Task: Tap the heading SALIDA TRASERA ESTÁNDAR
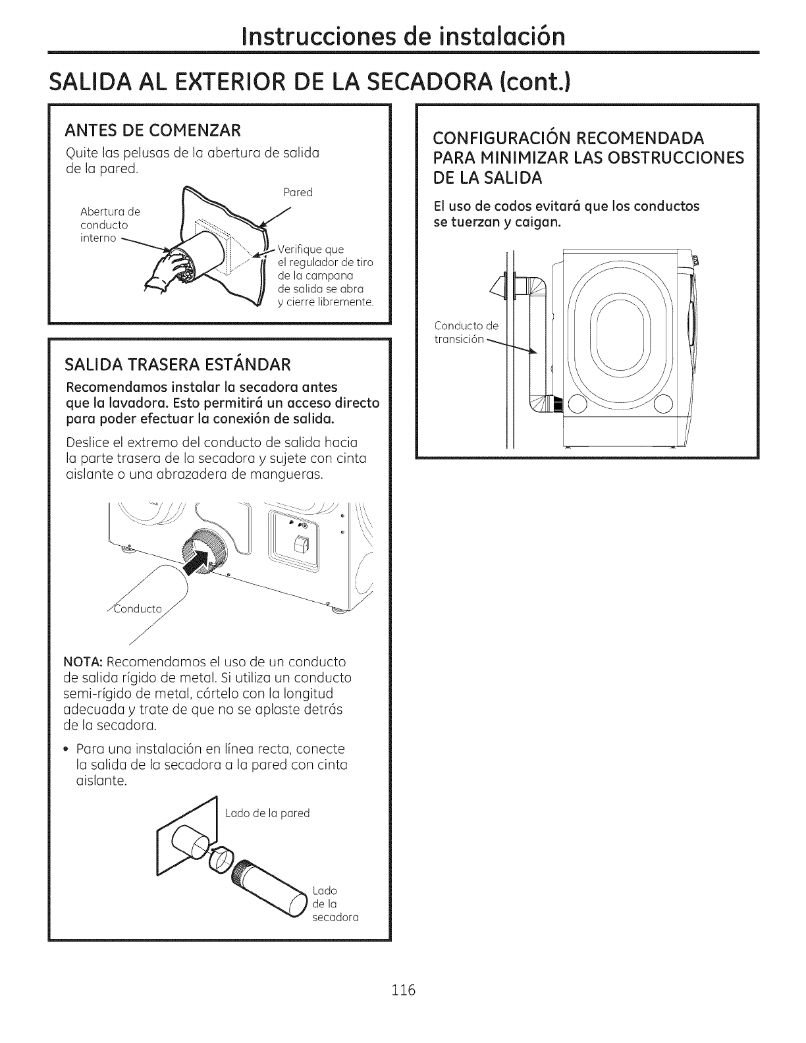(178, 364)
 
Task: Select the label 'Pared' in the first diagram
(297, 192)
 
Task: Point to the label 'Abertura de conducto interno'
(110, 224)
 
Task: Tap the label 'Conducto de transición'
(466, 333)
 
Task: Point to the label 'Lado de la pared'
(267, 813)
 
